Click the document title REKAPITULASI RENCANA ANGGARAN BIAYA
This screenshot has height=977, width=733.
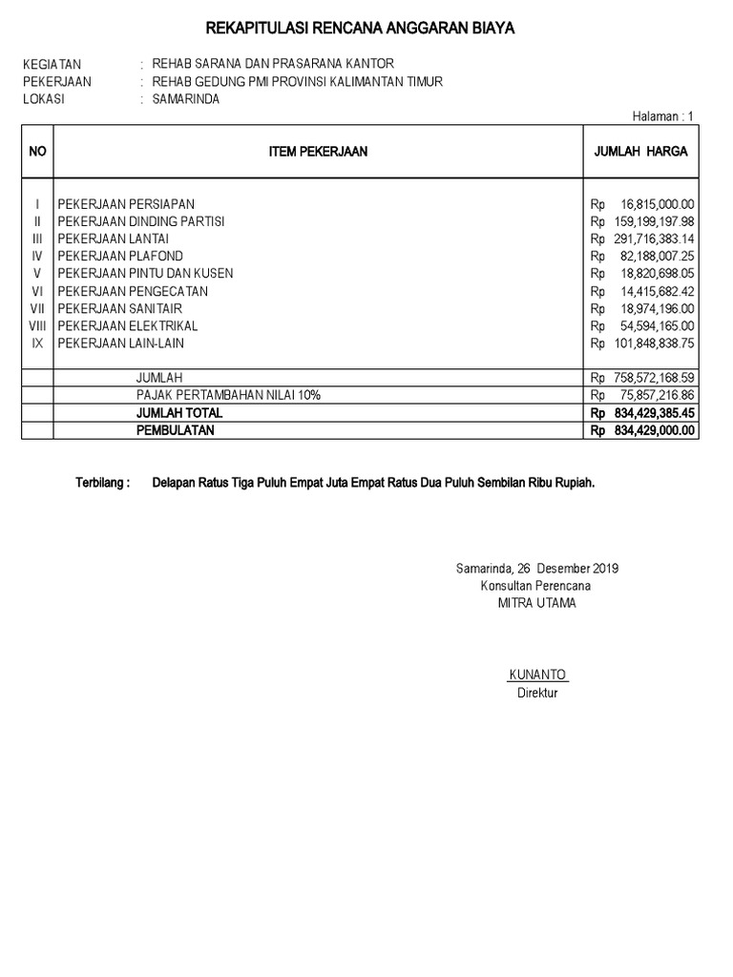tap(361, 29)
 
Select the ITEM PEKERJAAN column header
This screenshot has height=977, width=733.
tap(318, 152)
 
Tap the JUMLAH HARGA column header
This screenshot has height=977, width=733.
tap(640, 152)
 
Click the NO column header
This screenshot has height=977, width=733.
tap(37, 152)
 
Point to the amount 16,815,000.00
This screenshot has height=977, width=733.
tap(657, 204)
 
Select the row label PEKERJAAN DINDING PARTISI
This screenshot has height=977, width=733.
tap(141, 221)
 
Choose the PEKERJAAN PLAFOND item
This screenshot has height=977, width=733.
tap(120, 257)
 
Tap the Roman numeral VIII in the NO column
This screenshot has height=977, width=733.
tap(36, 326)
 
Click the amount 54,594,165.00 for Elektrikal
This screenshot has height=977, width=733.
tap(657, 326)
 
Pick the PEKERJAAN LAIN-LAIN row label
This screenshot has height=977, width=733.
tap(121, 343)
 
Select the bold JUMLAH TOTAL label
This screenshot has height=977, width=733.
tap(178, 413)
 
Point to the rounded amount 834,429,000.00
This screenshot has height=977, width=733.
tap(654, 430)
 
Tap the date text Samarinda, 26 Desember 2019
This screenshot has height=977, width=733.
tap(537, 569)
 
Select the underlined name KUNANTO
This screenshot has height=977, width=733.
tap(537, 676)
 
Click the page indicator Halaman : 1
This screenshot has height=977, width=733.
tap(663, 116)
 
